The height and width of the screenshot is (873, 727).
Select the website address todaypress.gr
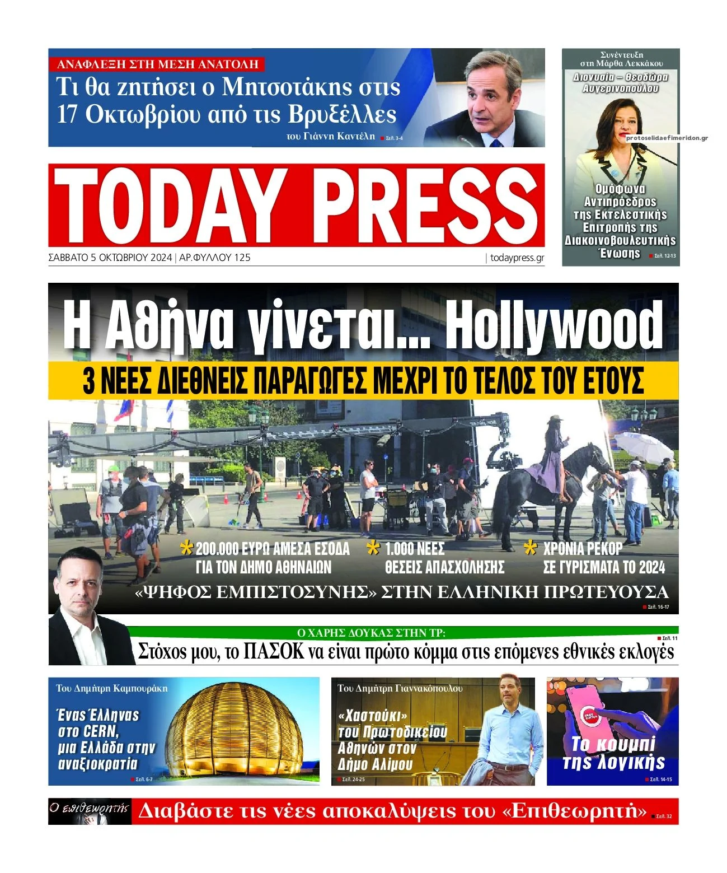[517, 258]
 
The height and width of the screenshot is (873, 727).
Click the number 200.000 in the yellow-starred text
[218, 549]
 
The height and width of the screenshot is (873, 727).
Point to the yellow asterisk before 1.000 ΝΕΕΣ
[373, 548]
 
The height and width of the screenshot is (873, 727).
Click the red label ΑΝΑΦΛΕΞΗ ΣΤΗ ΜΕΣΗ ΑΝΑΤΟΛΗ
[157, 64]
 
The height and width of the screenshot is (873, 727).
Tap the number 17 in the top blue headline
[67, 114]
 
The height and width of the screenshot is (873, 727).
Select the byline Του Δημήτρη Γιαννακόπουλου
[400, 688]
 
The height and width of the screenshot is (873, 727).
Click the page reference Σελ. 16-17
[658, 607]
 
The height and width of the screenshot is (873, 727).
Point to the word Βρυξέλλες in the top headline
[342, 114]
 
